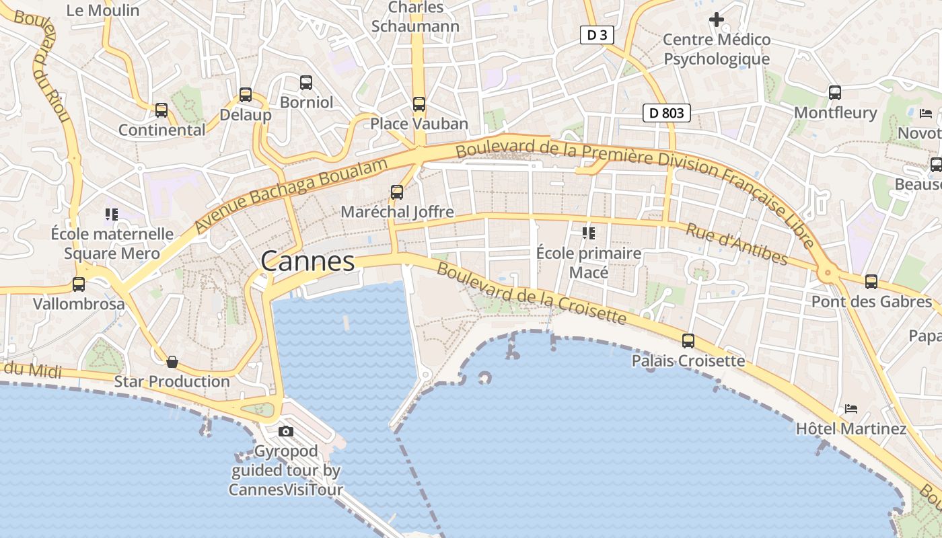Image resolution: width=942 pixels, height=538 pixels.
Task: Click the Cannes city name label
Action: tap(307, 261)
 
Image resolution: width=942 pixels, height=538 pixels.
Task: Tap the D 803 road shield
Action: tap(667, 113)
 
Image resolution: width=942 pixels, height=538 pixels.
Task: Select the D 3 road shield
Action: tap(597, 35)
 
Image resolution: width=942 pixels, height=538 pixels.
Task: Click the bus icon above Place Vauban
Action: tap(419, 104)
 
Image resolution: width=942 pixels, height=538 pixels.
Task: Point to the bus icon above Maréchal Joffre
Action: tap(397, 192)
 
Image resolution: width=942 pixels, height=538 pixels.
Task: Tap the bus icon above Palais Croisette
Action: tap(688, 341)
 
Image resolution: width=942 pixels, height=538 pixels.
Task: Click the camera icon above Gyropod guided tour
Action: tap(286, 431)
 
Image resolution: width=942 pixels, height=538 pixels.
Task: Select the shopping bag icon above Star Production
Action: tap(172, 362)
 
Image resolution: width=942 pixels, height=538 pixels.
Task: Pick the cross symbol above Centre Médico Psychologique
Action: tap(717, 20)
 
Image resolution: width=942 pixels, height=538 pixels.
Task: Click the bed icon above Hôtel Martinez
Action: tap(851, 408)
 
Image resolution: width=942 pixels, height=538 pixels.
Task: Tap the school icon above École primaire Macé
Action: tap(589, 233)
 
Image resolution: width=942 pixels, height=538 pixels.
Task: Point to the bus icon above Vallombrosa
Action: tap(79, 284)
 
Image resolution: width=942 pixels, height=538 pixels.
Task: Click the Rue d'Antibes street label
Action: tap(736, 244)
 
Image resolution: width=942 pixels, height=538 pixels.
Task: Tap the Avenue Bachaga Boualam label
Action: tap(291, 196)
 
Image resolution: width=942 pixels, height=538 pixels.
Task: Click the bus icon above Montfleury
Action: tap(835, 93)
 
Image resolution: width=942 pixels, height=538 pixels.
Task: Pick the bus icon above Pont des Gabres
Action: tap(871, 282)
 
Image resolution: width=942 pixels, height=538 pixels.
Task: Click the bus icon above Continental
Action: tap(161, 110)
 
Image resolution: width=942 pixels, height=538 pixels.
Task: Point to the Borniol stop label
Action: tap(306, 102)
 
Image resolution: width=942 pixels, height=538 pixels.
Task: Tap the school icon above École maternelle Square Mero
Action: tap(112, 215)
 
